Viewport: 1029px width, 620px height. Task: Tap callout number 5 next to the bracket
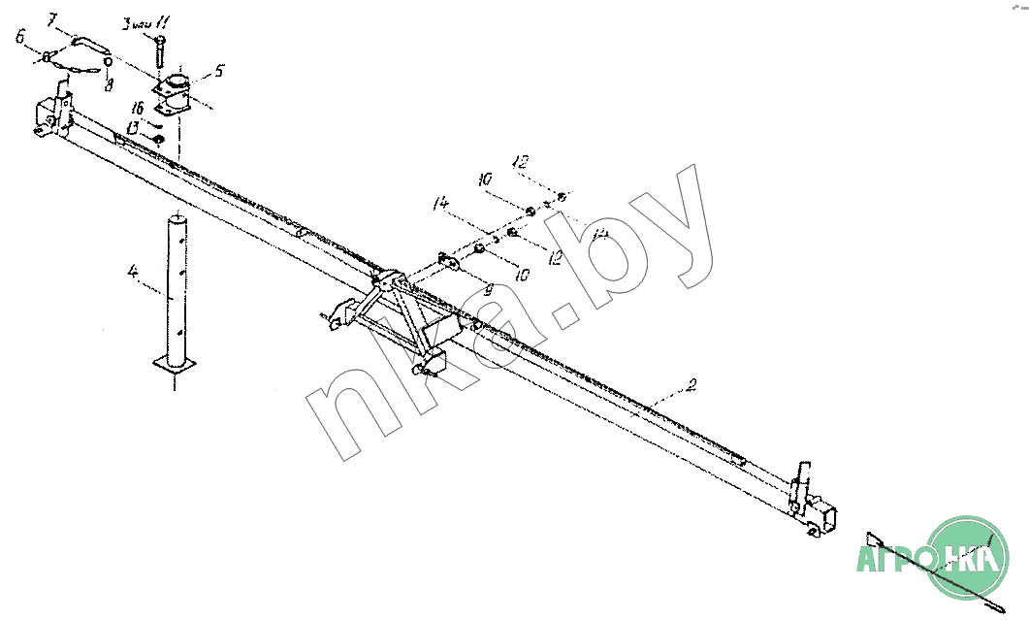219,70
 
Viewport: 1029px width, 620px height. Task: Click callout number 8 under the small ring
110,84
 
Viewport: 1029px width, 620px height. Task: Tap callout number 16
138,108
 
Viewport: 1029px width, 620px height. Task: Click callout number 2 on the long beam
690,387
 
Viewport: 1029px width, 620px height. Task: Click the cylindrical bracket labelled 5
176,94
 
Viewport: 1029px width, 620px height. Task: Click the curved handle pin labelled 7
88,44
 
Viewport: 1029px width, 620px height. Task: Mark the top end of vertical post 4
177,216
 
